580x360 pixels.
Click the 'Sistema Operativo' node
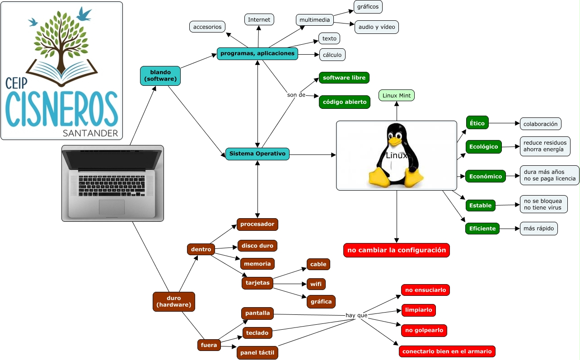(x=257, y=154)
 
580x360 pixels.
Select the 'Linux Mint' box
(x=396, y=95)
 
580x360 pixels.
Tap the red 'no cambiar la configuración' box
(x=397, y=250)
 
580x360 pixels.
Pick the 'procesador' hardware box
(x=257, y=224)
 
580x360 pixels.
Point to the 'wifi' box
(x=316, y=284)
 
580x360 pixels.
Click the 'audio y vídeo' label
(x=376, y=27)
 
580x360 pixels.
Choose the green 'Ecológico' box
(x=483, y=147)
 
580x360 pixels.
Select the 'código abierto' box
(x=344, y=102)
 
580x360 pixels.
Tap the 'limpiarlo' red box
(x=418, y=310)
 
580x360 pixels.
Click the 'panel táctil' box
(x=257, y=353)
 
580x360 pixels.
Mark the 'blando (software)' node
(x=160, y=75)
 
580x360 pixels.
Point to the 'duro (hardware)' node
(x=174, y=301)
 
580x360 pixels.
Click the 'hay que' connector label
(x=356, y=315)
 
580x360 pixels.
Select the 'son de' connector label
(x=296, y=95)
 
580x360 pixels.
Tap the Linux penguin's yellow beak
(x=396, y=141)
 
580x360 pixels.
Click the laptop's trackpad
(x=112, y=207)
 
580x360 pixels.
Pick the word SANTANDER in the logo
(x=91, y=133)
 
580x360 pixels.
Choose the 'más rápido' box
(x=538, y=229)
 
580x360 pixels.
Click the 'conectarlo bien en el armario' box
(x=447, y=351)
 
